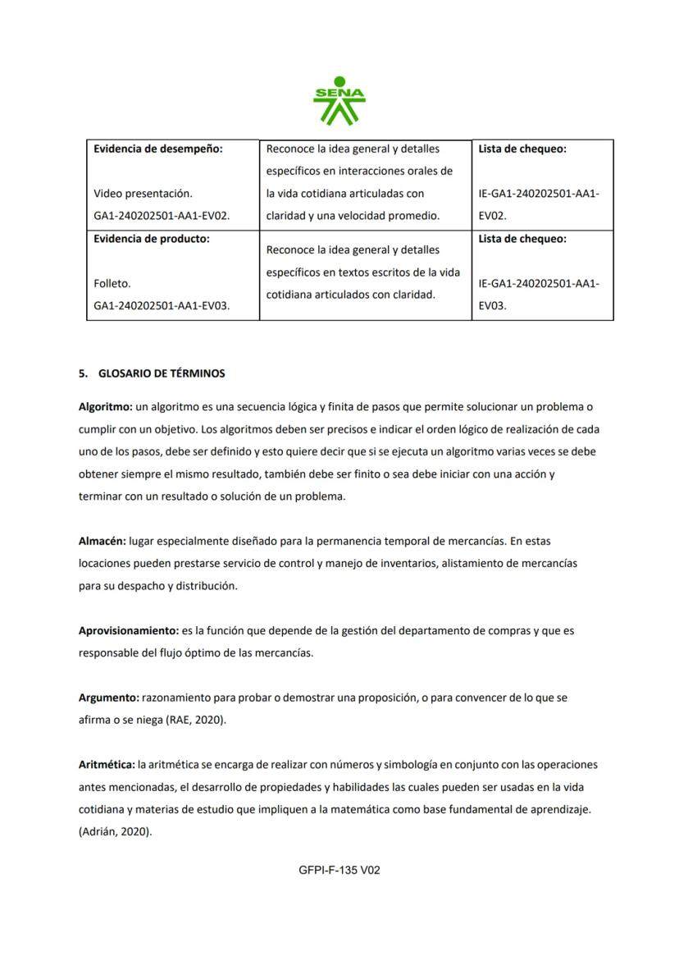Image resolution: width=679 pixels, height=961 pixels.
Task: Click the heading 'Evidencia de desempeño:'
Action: pyautogui.click(x=158, y=149)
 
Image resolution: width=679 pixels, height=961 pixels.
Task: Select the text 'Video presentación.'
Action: pyautogui.click(x=143, y=194)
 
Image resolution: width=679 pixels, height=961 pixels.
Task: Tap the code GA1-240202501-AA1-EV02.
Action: pyautogui.click(x=162, y=216)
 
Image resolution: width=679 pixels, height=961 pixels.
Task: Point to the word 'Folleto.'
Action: pyautogui.click(x=112, y=283)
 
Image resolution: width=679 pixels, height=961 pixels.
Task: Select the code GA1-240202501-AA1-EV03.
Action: pyautogui.click(x=162, y=305)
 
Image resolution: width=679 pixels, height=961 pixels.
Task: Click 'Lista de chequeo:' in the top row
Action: pyautogui.click(x=522, y=149)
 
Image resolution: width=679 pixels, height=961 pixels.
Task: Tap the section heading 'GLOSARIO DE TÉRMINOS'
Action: pyautogui.click(x=162, y=373)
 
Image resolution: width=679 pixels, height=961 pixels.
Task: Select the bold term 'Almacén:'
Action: pyautogui.click(x=102, y=542)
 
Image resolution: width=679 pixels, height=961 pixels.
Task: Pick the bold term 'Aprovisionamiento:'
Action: pyautogui.click(x=128, y=631)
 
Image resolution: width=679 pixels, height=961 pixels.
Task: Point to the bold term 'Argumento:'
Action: pyautogui.click(x=108, y=698)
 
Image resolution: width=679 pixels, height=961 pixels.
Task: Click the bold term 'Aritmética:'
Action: pyautogui.click(x=107, y=765)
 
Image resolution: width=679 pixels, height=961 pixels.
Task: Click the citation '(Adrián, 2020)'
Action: pyautogui.click(x=115, y=831)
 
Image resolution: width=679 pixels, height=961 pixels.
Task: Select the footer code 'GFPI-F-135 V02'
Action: pyautogui.click(x=339, y=870)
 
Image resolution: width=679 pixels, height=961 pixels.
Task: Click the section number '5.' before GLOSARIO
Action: pyautogui.click(x=83, y=373)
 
